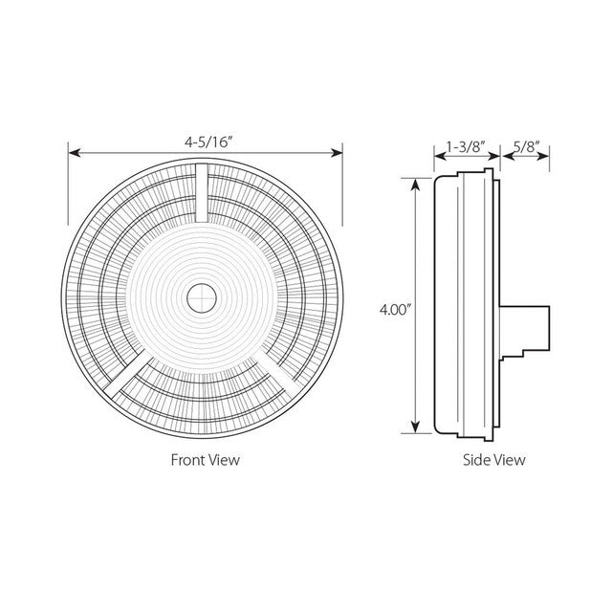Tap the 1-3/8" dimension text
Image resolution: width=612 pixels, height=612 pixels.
point(466,146)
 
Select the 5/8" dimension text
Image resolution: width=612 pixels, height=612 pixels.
point(526,146)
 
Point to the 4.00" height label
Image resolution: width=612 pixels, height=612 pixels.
point(396,310)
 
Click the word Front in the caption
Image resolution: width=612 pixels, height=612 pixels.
point(187,460)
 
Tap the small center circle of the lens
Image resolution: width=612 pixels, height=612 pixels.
point(202,298)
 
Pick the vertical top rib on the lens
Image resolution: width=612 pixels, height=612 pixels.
point(202,193)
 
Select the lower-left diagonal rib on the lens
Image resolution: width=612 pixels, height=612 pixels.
point(129,374)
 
